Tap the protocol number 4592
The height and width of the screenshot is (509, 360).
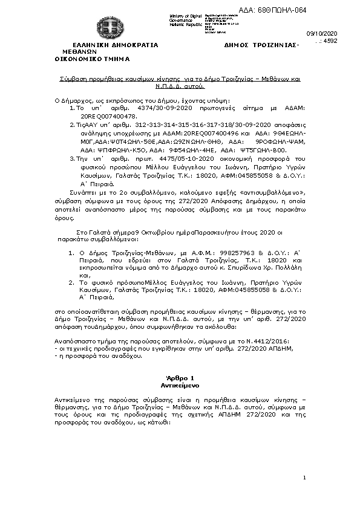[330, 41]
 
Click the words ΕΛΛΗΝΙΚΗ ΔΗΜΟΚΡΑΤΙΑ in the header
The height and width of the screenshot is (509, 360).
[114, 45]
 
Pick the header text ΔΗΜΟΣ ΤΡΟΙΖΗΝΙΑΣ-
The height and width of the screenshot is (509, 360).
[261, 45]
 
